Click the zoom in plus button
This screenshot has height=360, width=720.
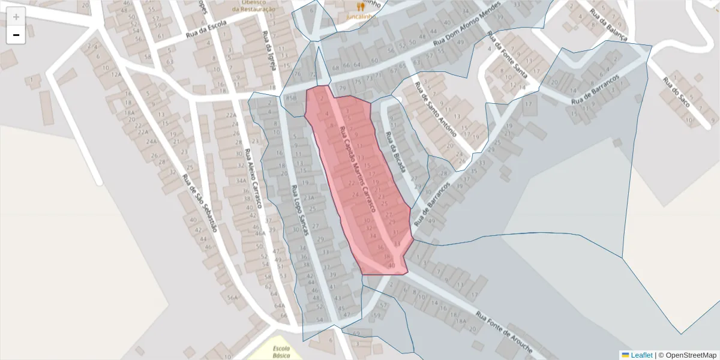click(16, 17)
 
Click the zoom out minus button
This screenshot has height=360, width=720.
click(16, 35)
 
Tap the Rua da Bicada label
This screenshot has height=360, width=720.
click(396, 152)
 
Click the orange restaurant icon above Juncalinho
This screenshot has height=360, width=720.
click(361, 7)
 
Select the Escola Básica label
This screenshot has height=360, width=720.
click(281, 352)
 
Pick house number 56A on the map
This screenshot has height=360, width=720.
click(233, 297)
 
